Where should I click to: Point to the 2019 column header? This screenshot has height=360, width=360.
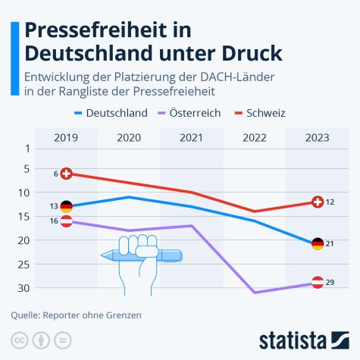pyautogui.click(x=66, y=137)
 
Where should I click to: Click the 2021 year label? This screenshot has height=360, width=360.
pyautogui.click(x=192, y=137)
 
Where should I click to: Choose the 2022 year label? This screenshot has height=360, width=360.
pyautogui.click(x=255, y=137)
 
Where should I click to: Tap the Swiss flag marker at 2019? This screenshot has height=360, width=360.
pyautogui.click(x=67, y=174)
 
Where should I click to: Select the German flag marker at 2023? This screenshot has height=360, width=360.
pyautogui.click(x=318, y=244)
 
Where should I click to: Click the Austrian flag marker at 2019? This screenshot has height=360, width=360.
pyautogui.click(x=67, y=221)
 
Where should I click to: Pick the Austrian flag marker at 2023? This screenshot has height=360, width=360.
pyautogui.click(x=318, y=282)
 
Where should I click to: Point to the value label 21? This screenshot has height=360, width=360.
pyautogui.click(x=330, y=244)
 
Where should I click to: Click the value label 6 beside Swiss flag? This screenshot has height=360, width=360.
pyautogui.click(x=56, y=174)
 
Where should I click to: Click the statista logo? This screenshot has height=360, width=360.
pyautogui.click(x=302, y=338)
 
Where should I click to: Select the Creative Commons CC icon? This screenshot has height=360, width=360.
pyautogui.click(x=18, y=339)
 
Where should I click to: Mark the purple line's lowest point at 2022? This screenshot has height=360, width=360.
pyautogui.click(x=255, y=292)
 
